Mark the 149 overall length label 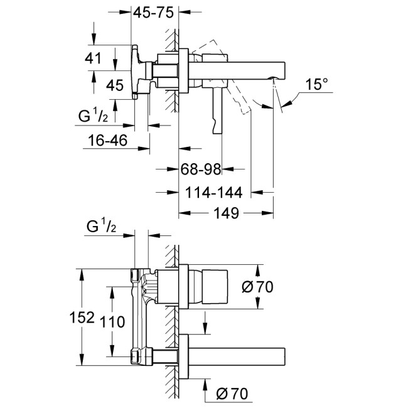click(x=225, y=214)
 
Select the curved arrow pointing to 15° click(x=290, y=100)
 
